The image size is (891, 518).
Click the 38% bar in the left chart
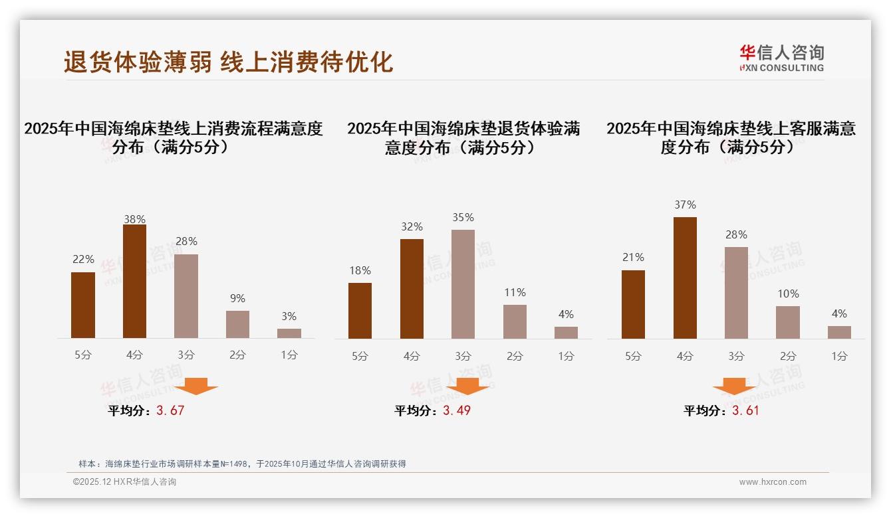134,282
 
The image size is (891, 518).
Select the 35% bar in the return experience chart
463,284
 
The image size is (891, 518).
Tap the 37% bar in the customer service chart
685,278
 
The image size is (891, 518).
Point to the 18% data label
360,270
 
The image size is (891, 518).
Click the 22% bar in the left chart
83,305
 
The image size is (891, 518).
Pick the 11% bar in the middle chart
515,321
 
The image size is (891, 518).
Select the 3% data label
289,316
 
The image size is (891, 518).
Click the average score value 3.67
170,410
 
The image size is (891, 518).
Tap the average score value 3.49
457,410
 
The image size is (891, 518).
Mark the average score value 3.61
745,410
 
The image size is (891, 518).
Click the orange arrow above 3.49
467,387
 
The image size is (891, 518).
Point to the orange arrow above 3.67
196,386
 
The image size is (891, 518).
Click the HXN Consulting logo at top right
781,58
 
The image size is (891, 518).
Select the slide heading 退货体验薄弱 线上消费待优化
228,62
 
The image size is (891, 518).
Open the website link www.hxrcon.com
773,482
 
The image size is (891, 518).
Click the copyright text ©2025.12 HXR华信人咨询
124,482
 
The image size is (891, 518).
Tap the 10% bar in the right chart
788,322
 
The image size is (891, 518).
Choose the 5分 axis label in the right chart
633,356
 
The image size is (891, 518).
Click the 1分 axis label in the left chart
289,355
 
